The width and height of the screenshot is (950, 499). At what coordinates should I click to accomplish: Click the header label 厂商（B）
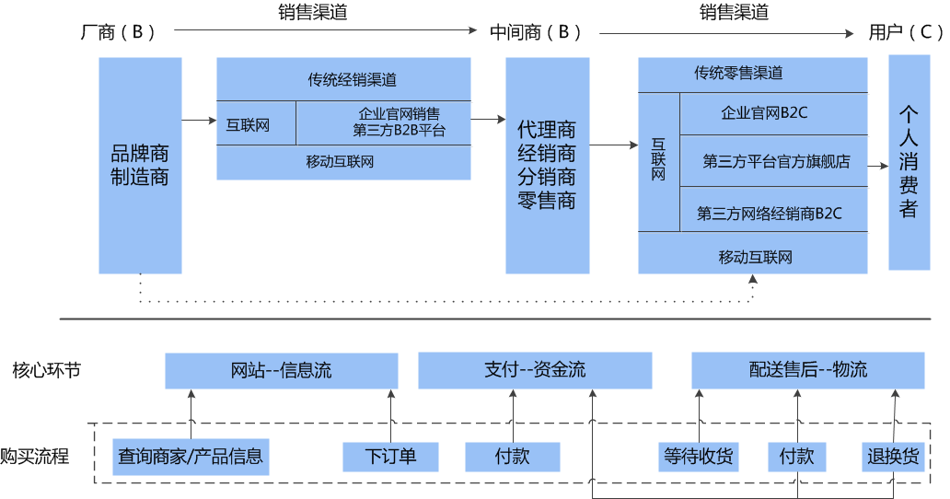[x=119, y=32]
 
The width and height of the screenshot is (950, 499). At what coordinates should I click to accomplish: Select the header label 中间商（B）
[x=536, y=32]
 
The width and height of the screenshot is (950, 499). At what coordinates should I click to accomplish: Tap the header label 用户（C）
[x=906, y=32]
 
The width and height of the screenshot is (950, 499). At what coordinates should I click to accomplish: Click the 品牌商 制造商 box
[x=140, y=166]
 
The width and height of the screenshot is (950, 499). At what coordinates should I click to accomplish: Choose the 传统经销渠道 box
[x=343, y=79]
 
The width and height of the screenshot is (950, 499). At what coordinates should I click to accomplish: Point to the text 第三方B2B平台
[x=400, y=130]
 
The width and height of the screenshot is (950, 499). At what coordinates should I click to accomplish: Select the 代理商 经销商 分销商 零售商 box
[x=547, y=166]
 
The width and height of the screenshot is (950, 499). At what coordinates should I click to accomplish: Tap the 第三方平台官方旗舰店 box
[x=773, y=161]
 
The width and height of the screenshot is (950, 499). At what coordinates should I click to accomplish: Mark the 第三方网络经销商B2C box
[x=773, y=210]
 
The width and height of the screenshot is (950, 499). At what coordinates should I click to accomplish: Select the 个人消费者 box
[x=909, y=162]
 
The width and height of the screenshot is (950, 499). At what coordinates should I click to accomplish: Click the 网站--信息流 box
[x=281, y=370]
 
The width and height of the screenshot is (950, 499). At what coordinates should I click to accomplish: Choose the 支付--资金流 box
[x=535, y=370]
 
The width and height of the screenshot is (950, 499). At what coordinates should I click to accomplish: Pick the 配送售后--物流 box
[x=808, y=370]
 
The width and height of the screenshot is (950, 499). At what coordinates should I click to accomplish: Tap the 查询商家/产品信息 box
[x=191, y=457]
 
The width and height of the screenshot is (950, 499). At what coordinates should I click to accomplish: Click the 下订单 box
[x=391, y=457]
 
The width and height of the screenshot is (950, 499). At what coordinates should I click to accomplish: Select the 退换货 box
[x=893, y=457]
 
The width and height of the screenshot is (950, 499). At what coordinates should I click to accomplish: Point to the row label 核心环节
[x=47, y=370]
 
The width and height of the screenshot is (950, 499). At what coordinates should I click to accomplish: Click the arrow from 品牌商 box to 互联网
[x=199, y=121]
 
